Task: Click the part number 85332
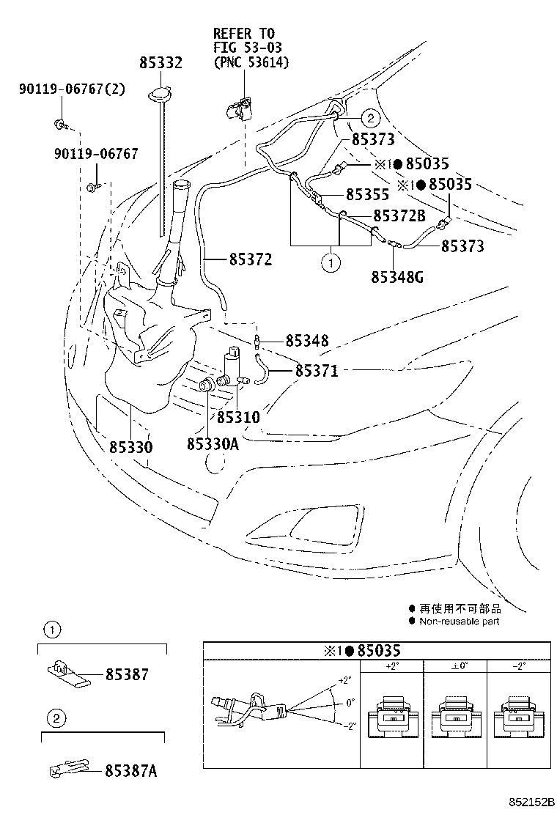coord(161,64)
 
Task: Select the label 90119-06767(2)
coord(72,90)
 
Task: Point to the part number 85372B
coord(399,215)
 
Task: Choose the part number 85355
coord(367,196)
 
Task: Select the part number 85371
coord(316,372)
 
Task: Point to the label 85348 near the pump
coord(306,341)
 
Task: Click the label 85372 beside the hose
coord(250,259)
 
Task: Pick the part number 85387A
coord(131,770)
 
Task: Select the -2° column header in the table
coord(520,666)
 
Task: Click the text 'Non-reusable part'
coord(459,621)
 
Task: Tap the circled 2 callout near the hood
coord(370,117)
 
